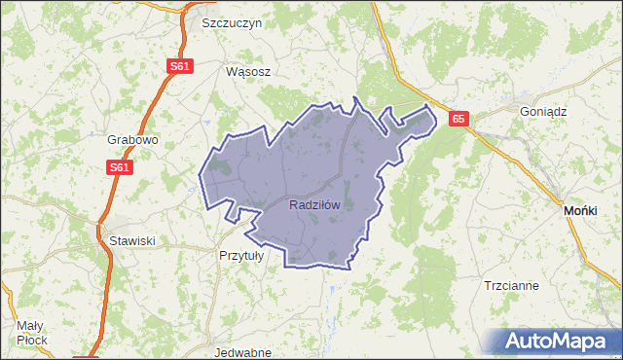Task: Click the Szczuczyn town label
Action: pos(233,22)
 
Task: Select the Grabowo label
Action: pos(132,139)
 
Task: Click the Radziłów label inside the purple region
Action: pos(314,205)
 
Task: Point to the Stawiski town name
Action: pos(131,239)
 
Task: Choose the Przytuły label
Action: pos(241,255)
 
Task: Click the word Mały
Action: pos(31,325)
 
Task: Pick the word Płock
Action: pos(33,341)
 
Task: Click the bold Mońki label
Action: pos(586,210)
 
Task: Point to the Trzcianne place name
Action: pos(511,286)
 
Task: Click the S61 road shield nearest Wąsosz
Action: pos(179,66)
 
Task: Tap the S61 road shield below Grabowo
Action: pos(119,167)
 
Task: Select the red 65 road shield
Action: pos(459,119)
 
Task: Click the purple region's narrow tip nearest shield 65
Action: pos(429,111)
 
